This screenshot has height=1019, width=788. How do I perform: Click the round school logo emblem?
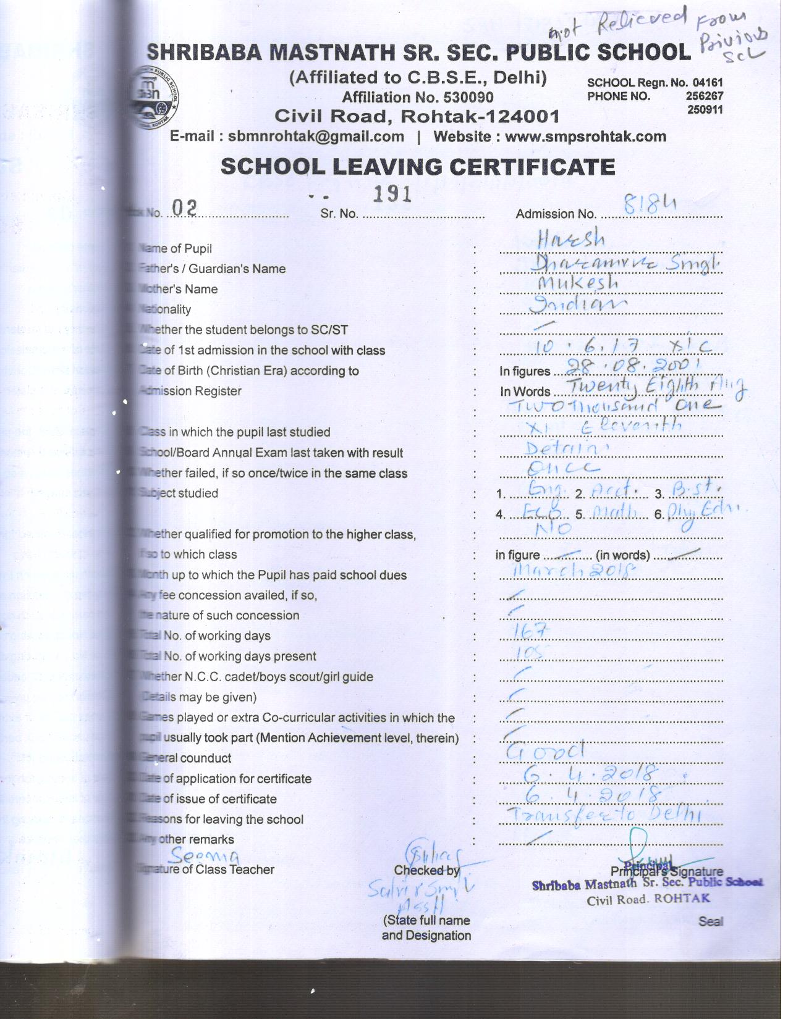coord(156,99)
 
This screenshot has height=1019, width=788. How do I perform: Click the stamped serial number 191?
coord(392,194)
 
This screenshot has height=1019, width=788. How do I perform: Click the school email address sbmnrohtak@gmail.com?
coord(316,136)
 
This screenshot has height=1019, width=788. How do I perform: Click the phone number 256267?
coord(704,96)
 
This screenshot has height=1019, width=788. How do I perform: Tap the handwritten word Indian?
coord(582,304)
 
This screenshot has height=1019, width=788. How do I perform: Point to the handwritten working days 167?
coord(531,629)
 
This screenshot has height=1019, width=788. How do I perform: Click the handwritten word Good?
coord(545,751)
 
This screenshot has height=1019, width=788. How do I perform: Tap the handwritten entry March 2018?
coord(572,569)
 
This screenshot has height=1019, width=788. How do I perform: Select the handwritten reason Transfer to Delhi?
coord(604,815)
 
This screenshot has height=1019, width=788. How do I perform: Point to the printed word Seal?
coord(710,921)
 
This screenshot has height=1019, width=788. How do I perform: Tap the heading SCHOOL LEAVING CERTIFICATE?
coord(418,167)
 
